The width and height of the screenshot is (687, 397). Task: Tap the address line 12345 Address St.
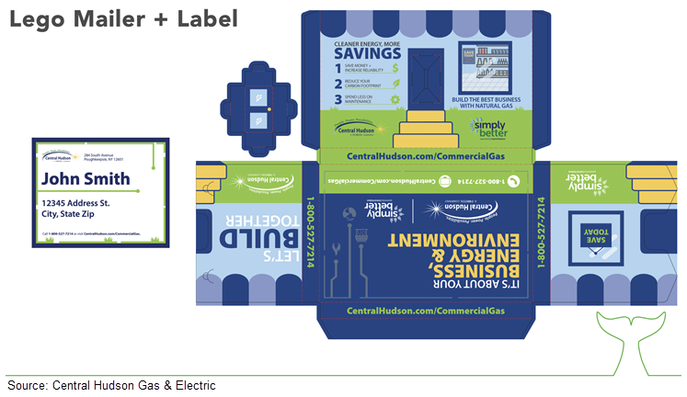click(75, 202)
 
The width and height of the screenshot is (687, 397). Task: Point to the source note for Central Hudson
click(110, 385)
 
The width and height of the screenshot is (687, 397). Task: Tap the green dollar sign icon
click(395, 67)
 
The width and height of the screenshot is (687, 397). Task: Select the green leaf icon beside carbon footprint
click(395, 83)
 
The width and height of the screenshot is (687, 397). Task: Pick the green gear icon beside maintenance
click(395, 98)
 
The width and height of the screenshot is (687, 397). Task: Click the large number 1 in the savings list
click(338, 67)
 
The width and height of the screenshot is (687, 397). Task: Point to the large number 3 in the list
click(338, 98)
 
